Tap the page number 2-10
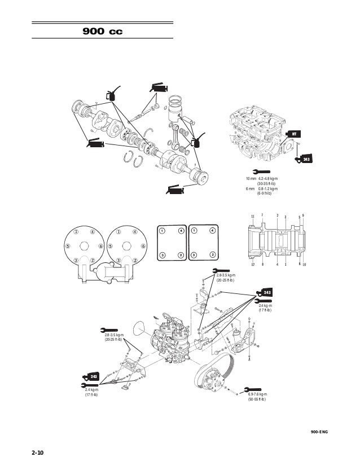(x=38, y=452)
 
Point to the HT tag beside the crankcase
(x=294, y=134)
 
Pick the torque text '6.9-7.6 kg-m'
(x=257, y=394)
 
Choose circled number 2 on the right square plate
(x=213, y=255)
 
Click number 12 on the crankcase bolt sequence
(x=253, y=264)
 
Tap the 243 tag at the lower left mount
(x=91, y=377)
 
